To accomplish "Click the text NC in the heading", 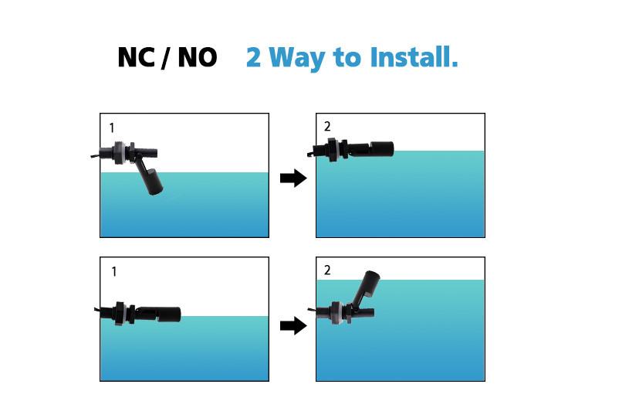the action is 136,57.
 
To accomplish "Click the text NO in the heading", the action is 198,57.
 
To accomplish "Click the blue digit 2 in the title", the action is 253,57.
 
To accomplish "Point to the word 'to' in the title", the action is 347,58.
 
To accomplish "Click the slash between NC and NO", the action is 166,58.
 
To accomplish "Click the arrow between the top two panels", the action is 293,178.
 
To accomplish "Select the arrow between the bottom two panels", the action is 293,325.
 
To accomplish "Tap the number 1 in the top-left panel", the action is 112,128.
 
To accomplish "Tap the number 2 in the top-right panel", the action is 327,127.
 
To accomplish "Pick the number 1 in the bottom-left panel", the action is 114,272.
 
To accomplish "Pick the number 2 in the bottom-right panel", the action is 327,270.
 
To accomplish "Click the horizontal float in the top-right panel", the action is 381,149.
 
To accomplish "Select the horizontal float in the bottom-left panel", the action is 169,314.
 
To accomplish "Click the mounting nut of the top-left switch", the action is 118,153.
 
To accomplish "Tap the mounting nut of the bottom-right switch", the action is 337,313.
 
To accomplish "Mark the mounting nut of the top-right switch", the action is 332,150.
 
